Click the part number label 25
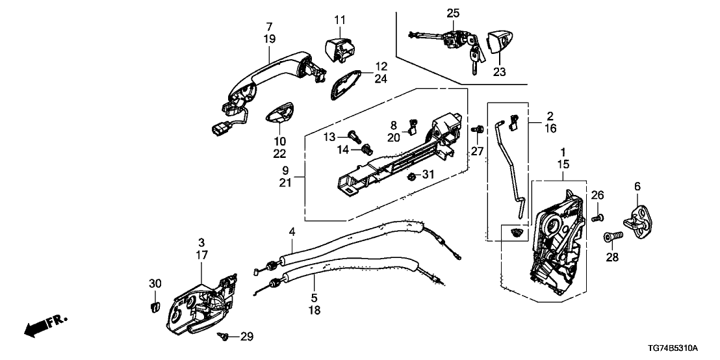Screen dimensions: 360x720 pyautogui.click(x=452, y=12)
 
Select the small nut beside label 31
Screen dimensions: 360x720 pyautogui.click(x=411, y=176)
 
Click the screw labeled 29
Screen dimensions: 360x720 pyautogui.click(x=224, y=336)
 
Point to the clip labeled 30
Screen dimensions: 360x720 pyautogui.click(x=155, y=305)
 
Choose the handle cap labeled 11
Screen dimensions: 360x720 pyautogui.click(x=337, y=49)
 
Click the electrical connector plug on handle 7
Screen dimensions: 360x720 pyautogui.click(x=217, y=129)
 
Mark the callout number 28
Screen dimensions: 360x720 pyautogui.click(x=612, y=258)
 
